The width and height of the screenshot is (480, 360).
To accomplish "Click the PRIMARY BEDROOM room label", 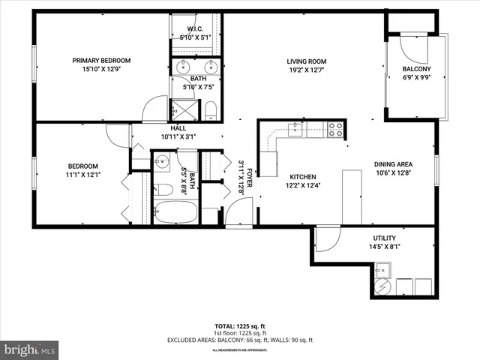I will tap(101, 61).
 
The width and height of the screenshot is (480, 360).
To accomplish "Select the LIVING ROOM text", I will tap(306, 61).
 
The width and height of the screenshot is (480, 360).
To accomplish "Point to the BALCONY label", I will tap(416, 69).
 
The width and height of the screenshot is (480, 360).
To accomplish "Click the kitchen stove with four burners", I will tap(336, 130).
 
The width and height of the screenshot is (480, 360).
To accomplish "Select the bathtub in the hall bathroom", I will tap(175, 211).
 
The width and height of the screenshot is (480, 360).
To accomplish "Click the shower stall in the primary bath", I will tap(187, 110).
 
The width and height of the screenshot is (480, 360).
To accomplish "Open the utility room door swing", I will tap(326, 240).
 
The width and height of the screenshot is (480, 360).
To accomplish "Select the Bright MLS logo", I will tap(30, 349).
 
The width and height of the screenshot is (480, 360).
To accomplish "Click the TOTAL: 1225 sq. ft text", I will tap(239, 326).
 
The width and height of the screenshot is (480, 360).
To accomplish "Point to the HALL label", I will tap(178, 127).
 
